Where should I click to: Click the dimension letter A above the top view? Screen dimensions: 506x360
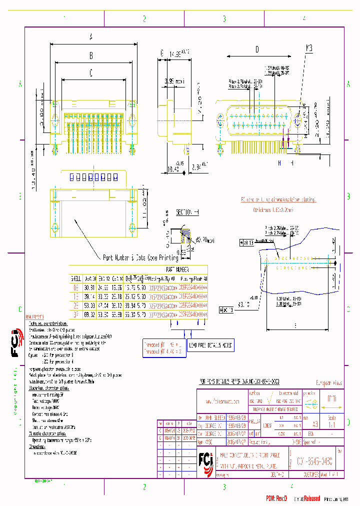click(91, 36)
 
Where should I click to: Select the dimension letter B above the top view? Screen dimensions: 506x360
click(91, 55)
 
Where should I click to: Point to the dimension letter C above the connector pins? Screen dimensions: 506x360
click(91, 72)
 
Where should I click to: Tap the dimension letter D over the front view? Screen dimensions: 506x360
click(257, 49)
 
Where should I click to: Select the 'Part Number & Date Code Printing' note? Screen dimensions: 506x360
click(140, 257)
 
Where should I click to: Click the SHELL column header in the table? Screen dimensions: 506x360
click(76, 278)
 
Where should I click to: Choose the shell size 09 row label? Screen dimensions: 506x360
click(76, 287)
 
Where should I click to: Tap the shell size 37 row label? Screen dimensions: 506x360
click(76, 314)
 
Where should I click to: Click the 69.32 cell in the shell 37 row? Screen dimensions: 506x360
click(91, 314)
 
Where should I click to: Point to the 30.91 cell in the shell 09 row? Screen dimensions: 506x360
click(91, 287)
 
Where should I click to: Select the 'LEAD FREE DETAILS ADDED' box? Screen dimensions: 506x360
click(209, 345)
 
